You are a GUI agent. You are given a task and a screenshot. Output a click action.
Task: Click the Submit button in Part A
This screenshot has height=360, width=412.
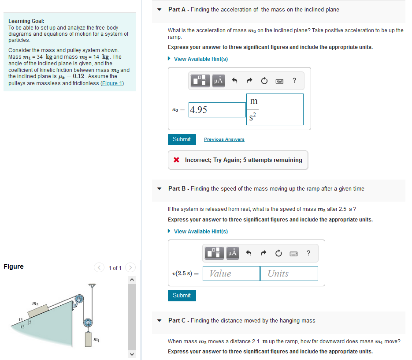pos(182,139)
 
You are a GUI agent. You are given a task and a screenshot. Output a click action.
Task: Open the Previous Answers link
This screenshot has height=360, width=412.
pos(224,139)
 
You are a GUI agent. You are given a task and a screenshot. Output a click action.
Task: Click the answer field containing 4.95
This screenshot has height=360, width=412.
pos(217,110)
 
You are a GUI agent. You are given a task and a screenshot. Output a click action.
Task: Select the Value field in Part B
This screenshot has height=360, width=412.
pos(231,274)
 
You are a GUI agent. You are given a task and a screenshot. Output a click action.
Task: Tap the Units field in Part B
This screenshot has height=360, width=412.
pos(289,274)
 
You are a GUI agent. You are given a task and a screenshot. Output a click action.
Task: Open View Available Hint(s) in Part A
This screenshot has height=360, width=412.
pos(200,59)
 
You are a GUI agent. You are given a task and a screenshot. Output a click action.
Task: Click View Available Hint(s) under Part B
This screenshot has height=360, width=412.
pos(200,232)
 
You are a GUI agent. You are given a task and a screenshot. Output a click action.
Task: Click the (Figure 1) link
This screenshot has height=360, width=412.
pos(112,83)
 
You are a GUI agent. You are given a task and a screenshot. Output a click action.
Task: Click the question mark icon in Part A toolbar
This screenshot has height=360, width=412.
pos(294,80)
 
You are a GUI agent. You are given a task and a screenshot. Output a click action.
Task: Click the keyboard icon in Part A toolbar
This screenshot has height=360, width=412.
pos(279,81)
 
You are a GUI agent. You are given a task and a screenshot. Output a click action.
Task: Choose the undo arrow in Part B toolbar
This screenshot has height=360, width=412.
pos(249,253)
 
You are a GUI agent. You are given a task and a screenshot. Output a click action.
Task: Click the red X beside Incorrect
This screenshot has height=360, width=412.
pos(176,160)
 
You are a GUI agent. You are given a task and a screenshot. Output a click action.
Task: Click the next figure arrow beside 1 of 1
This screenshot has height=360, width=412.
pos(130,268)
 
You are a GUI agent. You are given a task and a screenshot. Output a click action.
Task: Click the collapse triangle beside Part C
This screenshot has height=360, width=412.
pos(160,321)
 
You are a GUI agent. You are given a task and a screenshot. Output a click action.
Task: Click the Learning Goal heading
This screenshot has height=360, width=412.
pos(26,21)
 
